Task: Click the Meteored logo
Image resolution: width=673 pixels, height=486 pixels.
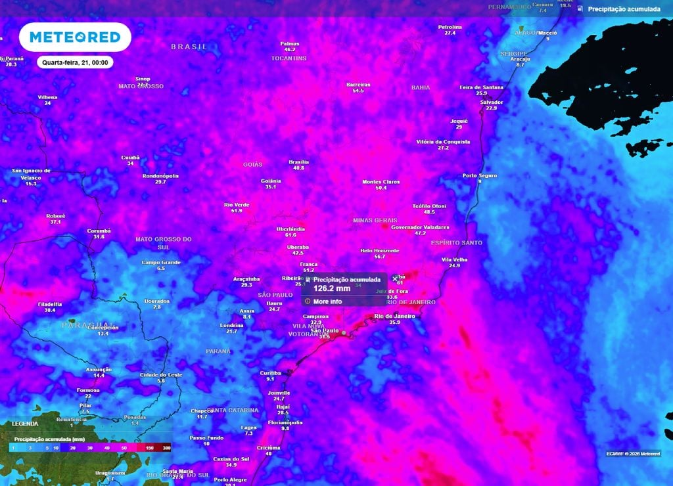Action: [74, 37]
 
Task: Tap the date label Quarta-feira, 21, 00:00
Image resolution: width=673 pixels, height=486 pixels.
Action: [75, 62]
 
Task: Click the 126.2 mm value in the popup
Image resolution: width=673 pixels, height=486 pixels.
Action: [331, 288]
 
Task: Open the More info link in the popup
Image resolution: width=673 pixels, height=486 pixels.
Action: [327, 301]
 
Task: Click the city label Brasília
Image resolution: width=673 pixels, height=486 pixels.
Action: [298, 162]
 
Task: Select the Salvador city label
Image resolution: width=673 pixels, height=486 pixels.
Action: [492, 102]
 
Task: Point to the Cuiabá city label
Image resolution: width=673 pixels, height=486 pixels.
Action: [130, 158]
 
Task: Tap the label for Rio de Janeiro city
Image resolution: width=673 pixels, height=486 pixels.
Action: [394, 317]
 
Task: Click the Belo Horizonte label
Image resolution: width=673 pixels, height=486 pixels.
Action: [380, 251]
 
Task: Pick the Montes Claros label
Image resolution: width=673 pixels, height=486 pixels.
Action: [381, 182]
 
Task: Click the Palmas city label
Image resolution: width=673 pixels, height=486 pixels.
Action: [289, 43]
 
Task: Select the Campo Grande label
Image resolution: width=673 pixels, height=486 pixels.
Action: [161, 263]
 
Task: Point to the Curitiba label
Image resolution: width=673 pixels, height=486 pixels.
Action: [270, 373]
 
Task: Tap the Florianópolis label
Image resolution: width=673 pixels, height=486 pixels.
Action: [285, 422]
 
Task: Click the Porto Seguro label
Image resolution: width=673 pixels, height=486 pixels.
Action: [480, 175]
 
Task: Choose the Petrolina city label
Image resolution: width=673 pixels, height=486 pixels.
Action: [450, 27]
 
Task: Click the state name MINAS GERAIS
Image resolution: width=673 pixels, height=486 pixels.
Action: [375, 220]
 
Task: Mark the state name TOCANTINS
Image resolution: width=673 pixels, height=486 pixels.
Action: [289, 58]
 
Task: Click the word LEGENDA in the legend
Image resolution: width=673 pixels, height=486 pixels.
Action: [26, 424]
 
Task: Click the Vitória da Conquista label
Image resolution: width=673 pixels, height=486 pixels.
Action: [443, 142]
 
